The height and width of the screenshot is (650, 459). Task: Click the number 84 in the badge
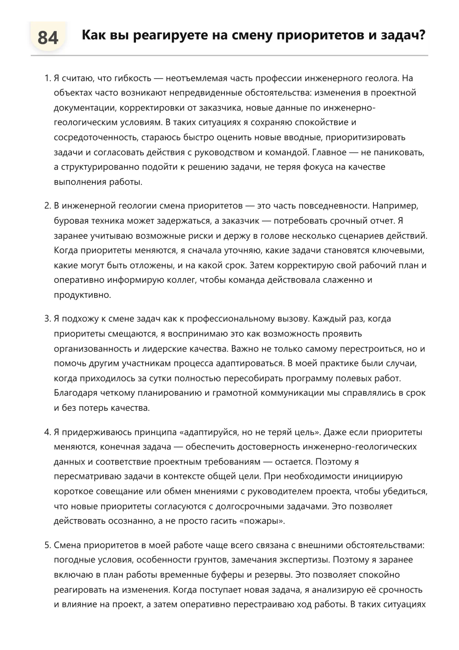[48, 38]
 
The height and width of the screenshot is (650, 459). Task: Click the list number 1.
[47, 78]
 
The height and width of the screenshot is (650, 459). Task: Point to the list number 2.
[47, 206]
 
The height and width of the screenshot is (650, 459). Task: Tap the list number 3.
[47, 319]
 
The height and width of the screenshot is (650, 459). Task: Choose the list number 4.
[47, 432]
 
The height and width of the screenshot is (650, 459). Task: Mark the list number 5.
[47, 545]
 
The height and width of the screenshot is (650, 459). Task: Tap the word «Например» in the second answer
[395, 206]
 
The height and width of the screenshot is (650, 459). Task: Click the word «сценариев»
[363, 236]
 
